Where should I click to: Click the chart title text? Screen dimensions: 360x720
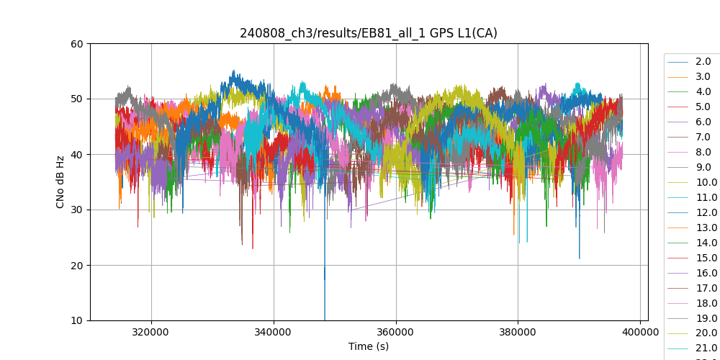tap(369, 33)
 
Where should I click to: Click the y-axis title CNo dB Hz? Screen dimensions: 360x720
tap(60, 182)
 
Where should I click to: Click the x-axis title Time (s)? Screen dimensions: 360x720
tap(369, 346)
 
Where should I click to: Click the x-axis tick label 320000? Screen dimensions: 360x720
tap(151, 333)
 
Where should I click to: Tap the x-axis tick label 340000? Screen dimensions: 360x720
tap(274, 333)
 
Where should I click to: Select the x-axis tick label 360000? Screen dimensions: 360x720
tap(396, 333)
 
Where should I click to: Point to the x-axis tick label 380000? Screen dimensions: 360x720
tap(518, 333)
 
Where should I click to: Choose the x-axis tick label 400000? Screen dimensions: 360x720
tap(640, 333)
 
